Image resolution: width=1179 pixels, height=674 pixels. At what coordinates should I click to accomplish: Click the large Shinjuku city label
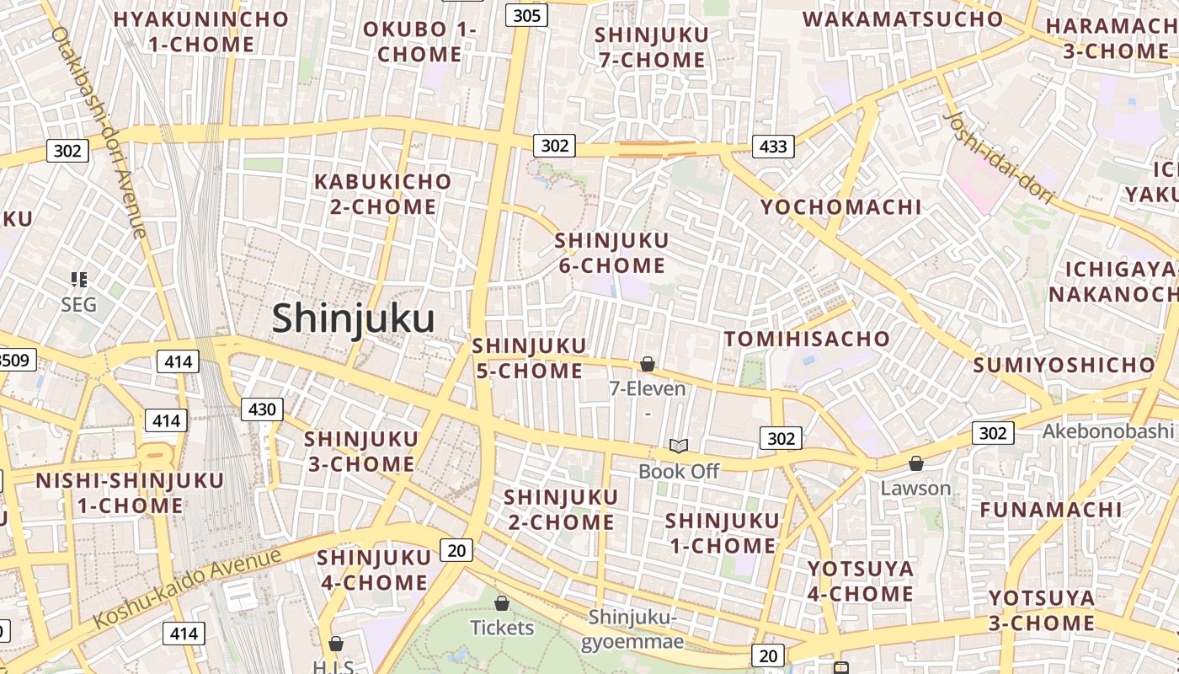353,319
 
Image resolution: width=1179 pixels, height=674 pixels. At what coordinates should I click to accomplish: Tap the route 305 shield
527,15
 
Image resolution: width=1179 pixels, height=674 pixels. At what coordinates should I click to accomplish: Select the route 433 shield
773,147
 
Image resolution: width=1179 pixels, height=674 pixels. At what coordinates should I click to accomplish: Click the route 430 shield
262,409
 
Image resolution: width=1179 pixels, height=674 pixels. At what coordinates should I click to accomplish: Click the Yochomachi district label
840,207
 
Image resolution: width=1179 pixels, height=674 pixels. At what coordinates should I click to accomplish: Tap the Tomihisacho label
807,339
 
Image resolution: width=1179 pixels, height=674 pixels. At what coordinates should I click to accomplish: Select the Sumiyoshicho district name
1064,365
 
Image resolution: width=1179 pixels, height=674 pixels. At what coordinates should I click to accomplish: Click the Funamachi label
1050,510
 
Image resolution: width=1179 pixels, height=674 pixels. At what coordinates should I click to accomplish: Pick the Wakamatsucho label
903,19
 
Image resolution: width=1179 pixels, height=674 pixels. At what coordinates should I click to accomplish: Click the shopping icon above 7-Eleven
648,364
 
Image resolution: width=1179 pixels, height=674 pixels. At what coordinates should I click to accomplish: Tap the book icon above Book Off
679,446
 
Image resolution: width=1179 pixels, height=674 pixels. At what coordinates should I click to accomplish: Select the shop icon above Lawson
916,463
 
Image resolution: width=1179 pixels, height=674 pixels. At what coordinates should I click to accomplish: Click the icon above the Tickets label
502,603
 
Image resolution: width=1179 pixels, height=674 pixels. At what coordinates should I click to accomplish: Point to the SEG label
79,304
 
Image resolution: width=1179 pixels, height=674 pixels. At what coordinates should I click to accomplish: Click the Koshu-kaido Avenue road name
187,588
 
